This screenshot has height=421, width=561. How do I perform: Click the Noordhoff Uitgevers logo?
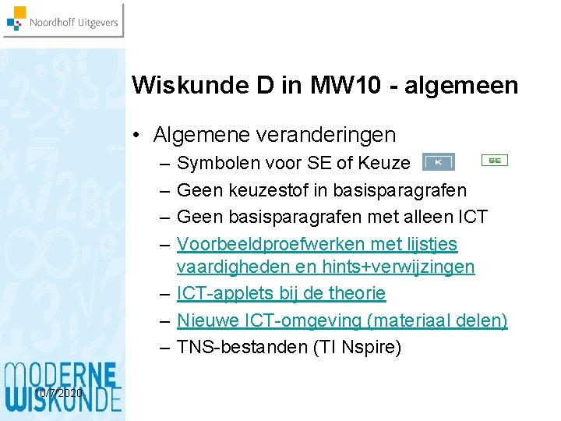[62, 21]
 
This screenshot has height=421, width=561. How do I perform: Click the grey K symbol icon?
[438, 162]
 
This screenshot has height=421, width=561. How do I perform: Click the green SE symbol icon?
[494, 160]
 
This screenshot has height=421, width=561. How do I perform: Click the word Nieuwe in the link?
[204, 320]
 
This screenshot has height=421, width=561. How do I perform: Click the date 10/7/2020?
[59, 394]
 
